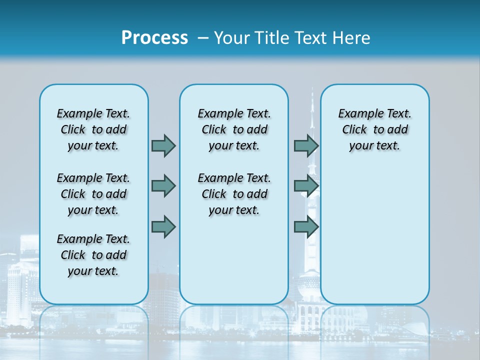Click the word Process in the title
coord(154,37)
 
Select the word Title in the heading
coord(272,37)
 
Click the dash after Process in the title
coord(203,38)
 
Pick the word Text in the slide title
coord(310,37)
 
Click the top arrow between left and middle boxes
coord(163,145)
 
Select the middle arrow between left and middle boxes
coord(163,186)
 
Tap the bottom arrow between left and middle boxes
coord(163,226)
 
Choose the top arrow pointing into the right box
coord(306,145)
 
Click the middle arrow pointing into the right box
coord(306,186)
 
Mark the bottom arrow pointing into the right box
coord(306,226)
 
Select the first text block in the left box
coord(93,129)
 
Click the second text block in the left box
coord(93,194)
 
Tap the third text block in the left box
coord(93,255)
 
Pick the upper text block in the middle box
coord(234,129)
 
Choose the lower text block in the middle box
coord(234,194)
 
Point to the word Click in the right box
coord(354,130)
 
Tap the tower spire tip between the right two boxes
coord(312,90)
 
